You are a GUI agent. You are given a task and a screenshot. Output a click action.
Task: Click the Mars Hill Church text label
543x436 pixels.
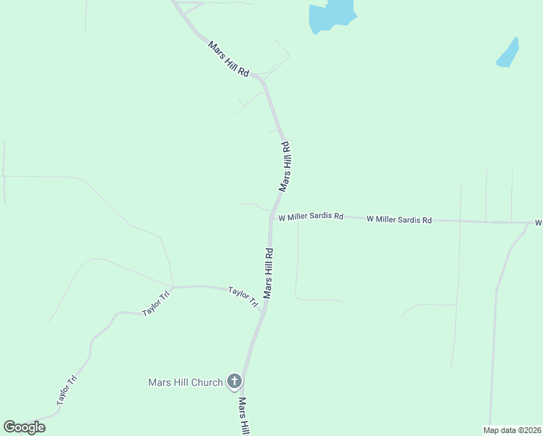pos(185,382)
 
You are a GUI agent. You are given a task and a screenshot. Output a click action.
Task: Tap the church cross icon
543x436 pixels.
pos(234,381)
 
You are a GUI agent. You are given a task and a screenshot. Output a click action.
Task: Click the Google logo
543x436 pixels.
pos(24,427)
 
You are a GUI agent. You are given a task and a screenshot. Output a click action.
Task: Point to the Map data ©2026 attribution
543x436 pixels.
pos(512,429)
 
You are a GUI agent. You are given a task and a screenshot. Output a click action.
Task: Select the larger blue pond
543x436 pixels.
pos(331,15)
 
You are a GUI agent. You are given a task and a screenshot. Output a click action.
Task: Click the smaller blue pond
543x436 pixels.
pos(508,54)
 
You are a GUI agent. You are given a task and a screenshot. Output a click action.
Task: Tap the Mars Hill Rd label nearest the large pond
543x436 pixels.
pos(229,60)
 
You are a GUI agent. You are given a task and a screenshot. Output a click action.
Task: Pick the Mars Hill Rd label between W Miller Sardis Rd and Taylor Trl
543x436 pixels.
pos(269,273)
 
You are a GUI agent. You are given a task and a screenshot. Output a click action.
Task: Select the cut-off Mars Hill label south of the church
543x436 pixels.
pos(245,416)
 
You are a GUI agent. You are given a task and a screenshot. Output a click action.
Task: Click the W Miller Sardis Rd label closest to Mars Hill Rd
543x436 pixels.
pos(310,217)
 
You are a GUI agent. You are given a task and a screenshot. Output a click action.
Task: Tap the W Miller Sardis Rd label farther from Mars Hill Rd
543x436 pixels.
pos(399,219)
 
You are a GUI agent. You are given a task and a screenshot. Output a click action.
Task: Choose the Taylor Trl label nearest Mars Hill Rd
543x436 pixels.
pos(243,297)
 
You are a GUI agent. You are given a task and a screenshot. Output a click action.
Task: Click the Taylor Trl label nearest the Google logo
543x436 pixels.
pos(67,389)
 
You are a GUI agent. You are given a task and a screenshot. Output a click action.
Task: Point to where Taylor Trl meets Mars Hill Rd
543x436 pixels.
pos(264,309)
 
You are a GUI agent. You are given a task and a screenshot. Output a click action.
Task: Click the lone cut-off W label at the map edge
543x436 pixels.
pos(539,222)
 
